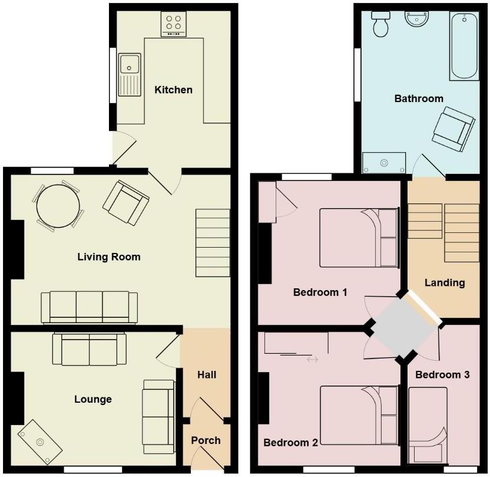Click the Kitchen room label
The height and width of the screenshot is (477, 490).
[x=173, y=90]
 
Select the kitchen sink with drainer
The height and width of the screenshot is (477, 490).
[x=129, y=74]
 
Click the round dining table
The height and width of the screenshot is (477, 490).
[x=58, y=206]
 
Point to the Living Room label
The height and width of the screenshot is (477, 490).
[x=109, y=256]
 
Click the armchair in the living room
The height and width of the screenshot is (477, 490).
[x=125, y=202]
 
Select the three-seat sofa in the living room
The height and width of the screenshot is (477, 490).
[x=89, y=307]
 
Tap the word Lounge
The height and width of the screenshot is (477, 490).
[x=93, y=399]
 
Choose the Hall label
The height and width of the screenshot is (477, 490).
[x=207, y=374]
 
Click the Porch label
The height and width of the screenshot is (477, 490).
[x=206, y=440]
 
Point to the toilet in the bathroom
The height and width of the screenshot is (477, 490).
[x=380, y=24]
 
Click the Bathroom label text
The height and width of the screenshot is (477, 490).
[x=419, y=98]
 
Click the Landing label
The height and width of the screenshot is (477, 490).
[x=445, y=282]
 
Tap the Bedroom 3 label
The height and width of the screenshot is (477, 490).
[x=442, y=374]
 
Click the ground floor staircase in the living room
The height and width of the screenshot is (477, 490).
[x=212, y=244]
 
